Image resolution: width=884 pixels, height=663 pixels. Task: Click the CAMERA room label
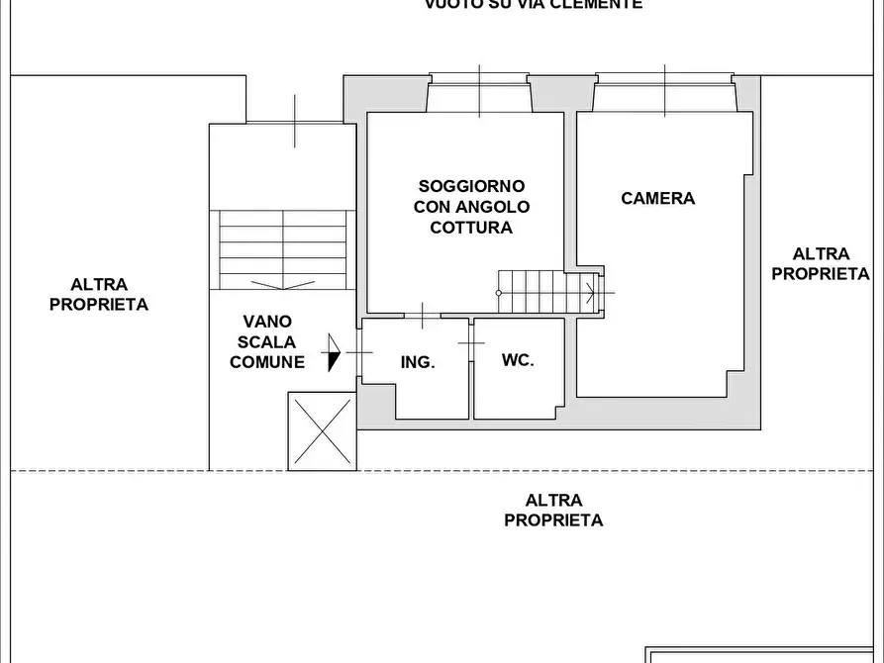[657, 198]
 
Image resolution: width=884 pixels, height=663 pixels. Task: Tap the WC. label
[518, 360]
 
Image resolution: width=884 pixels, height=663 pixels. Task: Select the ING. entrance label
[418, 362]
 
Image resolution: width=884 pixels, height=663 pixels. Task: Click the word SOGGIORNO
[471, 186]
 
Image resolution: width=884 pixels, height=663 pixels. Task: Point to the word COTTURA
[471, 228]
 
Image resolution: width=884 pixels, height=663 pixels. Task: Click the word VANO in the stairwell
[267, 322]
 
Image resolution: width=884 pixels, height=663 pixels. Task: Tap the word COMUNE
[267, 362]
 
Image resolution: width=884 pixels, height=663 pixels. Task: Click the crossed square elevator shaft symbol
[320, 430]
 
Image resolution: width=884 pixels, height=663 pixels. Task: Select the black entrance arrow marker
[333, 351]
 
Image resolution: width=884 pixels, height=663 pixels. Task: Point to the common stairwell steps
[283, 247]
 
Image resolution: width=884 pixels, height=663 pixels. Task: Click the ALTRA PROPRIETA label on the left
[99, 295]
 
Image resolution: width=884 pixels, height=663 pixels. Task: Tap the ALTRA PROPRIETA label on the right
[821, 264]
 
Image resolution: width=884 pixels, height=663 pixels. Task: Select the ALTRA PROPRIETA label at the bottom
[553, 511]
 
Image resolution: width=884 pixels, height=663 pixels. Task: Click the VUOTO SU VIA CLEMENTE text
[534, 5]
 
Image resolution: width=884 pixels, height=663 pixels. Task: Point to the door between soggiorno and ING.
[423, 317]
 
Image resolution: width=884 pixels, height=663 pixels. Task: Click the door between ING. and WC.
[471, 342]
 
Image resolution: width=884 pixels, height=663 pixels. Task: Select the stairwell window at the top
[295, 123]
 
